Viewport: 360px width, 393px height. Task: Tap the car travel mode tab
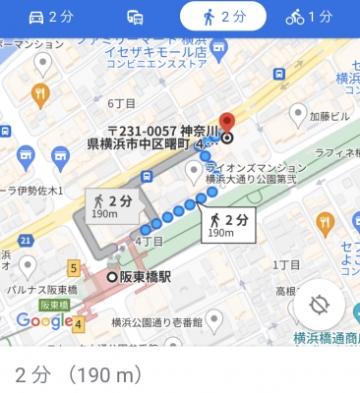click(50, 17)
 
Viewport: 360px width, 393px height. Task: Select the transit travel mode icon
click(136, 17)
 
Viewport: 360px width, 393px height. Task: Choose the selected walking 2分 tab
click(222, 17)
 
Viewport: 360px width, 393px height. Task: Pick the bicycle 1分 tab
click(309, 17)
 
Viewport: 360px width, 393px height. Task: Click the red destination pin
click(227, 123)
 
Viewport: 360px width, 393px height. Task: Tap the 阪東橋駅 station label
click(145, 277)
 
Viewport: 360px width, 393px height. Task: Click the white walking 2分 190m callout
click(221, 225)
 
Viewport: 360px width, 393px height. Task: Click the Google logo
click(43, 320)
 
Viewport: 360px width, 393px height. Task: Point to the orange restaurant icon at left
click(40, 94)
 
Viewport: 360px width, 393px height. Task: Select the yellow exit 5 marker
click(73, 266)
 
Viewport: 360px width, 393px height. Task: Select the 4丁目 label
click(149, 241)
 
